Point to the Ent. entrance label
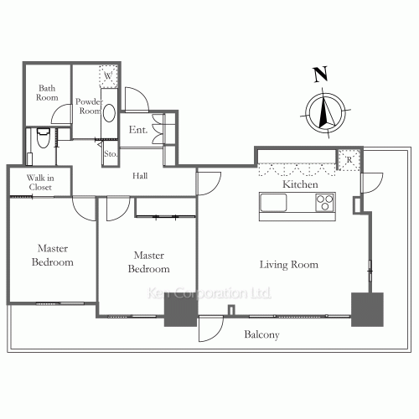(138, 130)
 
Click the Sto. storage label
(110, 154)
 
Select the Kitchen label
(299, 184)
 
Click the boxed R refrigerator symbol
(348, 158)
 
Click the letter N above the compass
(319, 75)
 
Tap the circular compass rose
(324, 111)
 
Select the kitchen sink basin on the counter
(274, 202)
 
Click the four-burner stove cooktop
(324, 202)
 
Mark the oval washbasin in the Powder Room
(108, 113)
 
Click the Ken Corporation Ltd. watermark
(209, 294)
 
